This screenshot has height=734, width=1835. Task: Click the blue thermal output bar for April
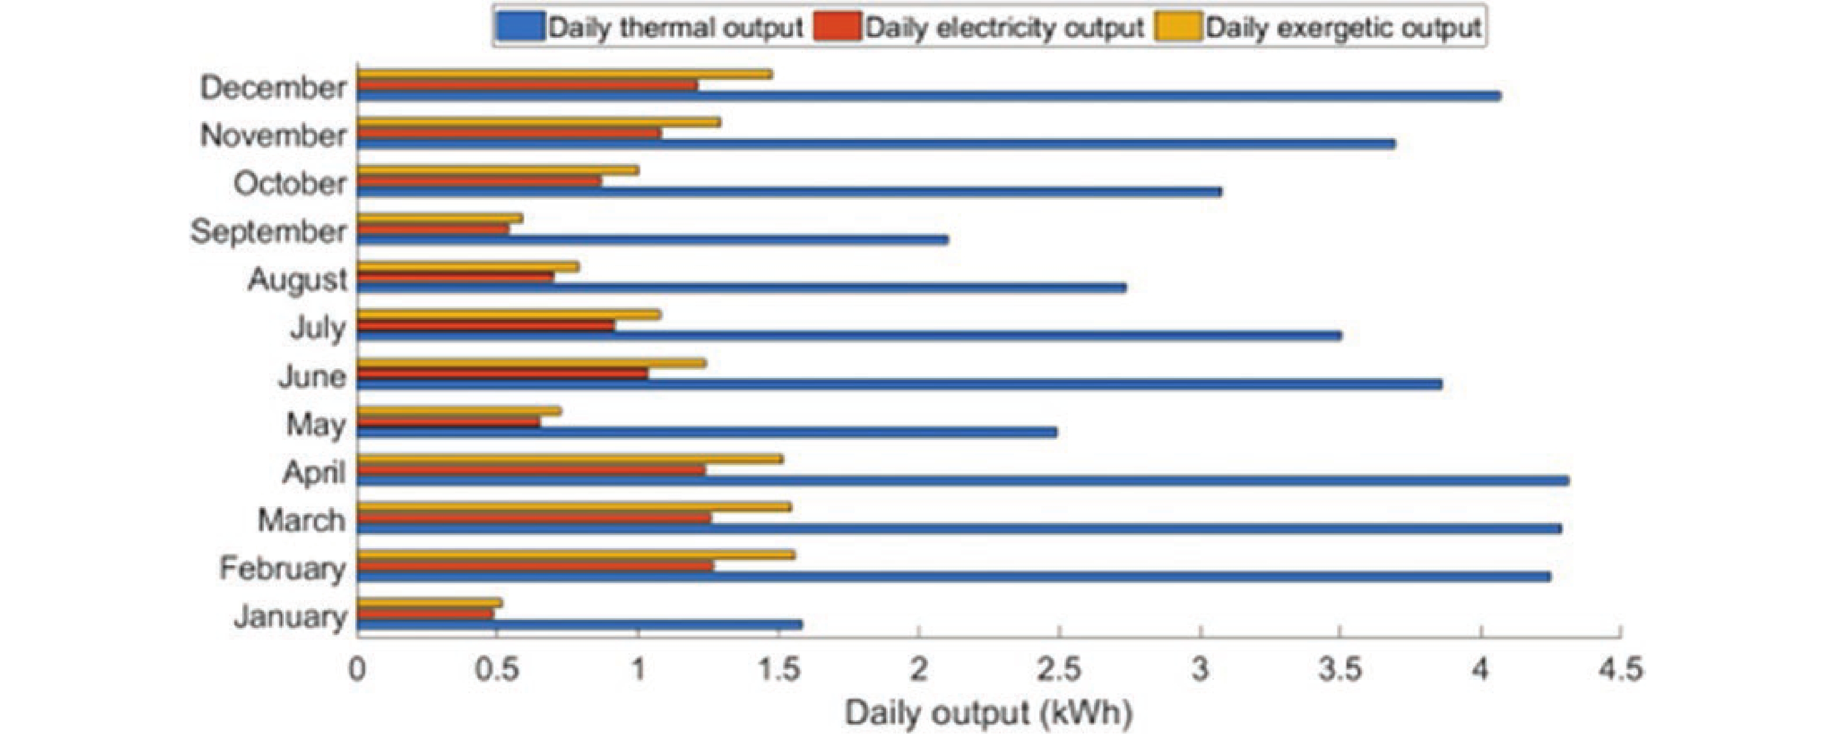pyautogui.click(x=962, y=481)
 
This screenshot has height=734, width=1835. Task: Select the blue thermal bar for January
pyautogui.click(x=579, y=625)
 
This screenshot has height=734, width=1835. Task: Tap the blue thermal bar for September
pyautogui.click(x=652, y=240)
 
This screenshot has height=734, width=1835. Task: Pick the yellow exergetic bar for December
pyautogui.click(x=563, y=74)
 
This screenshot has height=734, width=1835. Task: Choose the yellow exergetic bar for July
pyautogui.click(x=508, y=314)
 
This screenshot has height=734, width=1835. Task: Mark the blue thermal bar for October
pyautogui.click(x=789, y=192)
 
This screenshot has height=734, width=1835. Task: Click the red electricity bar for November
pyautogui.click(x=509, y=133)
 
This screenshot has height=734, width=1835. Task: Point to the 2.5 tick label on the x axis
pyautogui.click(x=1059, y=671)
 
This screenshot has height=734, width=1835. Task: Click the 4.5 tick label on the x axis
pyautogui.click(x=1621, y=671)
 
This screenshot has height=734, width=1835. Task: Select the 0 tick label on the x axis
pyautogui.click(x=358, y=671)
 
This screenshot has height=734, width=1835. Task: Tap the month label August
pyautogui.click(x=298, y=280)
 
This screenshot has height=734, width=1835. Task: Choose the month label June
pyautogui.click(x=312, y=376)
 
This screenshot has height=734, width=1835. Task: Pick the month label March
pyautogui.click(x=301, y=521)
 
